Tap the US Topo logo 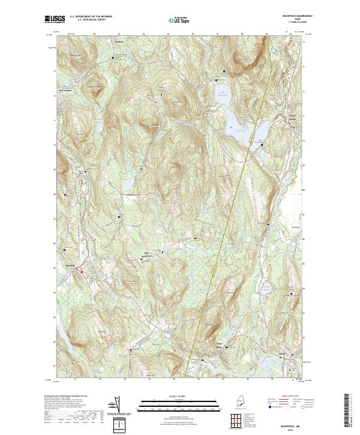pos(179,20)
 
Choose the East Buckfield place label pos(146,254)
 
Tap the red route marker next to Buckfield pos(81,271)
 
